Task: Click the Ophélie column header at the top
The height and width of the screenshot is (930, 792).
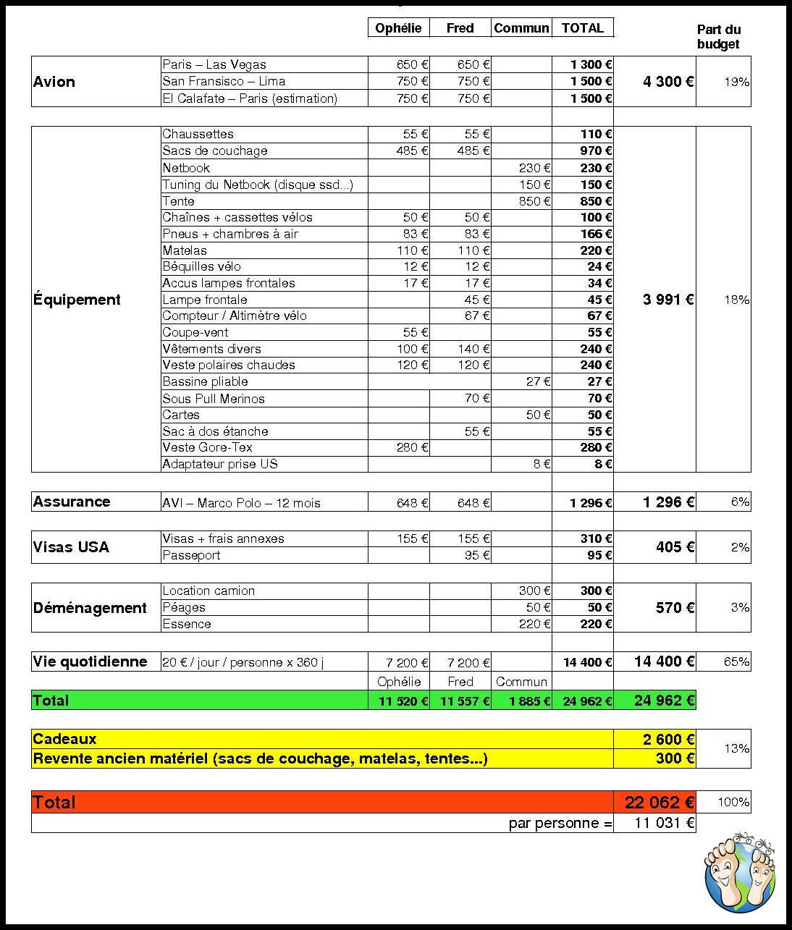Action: coord(398,28)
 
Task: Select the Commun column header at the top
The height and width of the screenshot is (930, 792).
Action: coord(521,28)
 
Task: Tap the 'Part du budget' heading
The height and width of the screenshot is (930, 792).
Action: coord(718,37)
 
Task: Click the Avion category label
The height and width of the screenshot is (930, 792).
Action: coord(54,82)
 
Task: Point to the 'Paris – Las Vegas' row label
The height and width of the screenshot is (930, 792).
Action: coord(214,64)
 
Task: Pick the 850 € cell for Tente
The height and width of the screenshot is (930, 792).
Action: coord(535,201)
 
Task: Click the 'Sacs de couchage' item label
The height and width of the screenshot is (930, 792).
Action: coord(215,151)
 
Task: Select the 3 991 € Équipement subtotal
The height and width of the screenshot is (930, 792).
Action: coord(667,300)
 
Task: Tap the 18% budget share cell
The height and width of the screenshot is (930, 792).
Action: coord(736,300)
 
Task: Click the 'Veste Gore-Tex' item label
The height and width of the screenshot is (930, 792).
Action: coord(208,447)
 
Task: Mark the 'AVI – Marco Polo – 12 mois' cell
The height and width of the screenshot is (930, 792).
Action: coord(241,502)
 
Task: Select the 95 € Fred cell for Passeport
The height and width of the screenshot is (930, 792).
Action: coord(476,555)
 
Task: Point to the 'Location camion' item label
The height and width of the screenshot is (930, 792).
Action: coord(208,591)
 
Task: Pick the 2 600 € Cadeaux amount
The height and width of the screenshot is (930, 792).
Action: coord(668,739)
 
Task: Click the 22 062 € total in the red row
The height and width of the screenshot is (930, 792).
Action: coord(659,802)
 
